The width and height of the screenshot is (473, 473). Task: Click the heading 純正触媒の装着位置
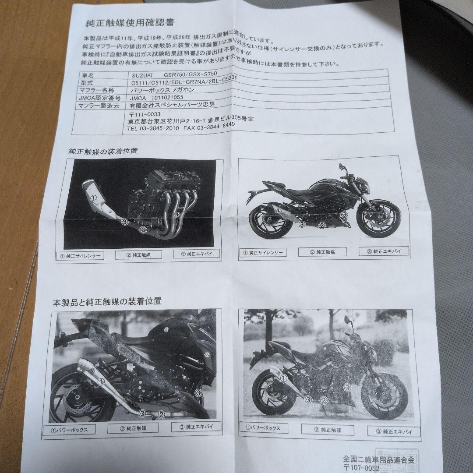click(103, 152)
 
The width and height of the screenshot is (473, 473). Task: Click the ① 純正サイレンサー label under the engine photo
click(80, 255)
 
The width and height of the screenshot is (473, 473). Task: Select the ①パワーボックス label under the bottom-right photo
click(263, 427)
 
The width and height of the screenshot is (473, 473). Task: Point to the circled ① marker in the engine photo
click(93, 198)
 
